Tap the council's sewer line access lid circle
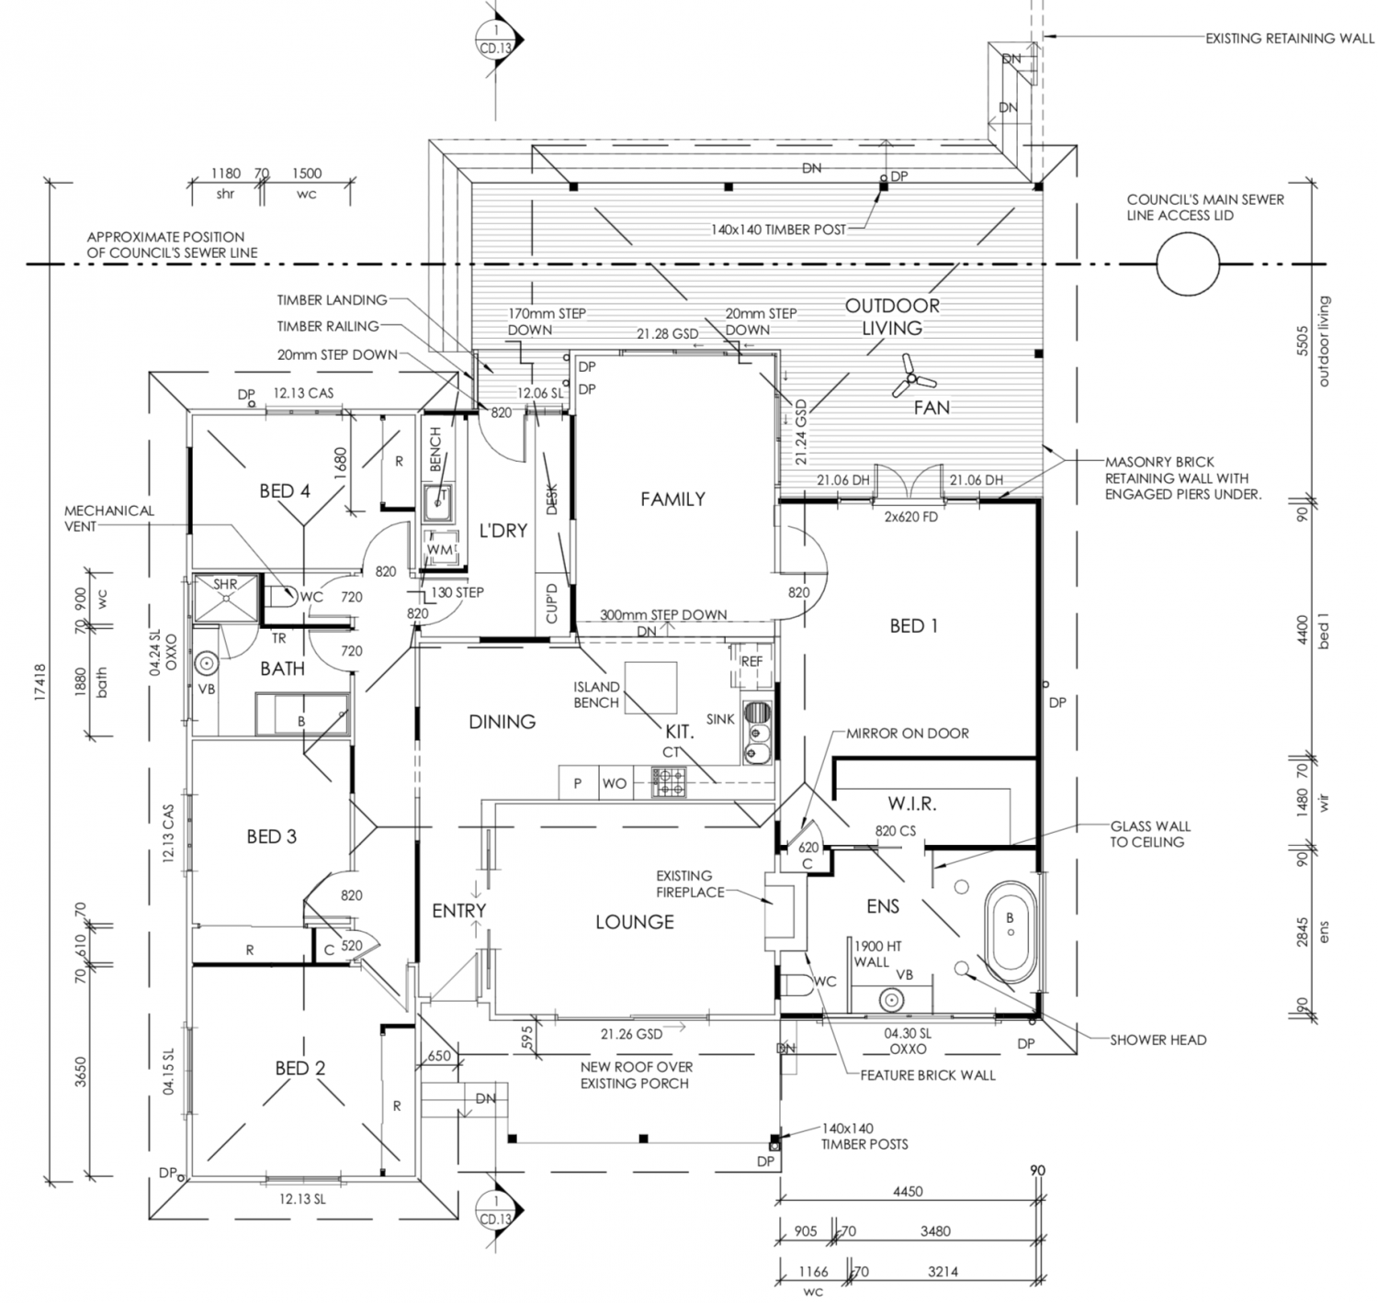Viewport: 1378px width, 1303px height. pos(1187,264)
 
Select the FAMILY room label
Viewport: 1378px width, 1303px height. pos(672,499)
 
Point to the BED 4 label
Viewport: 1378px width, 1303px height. pos(285,490)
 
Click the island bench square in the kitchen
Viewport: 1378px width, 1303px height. pos(650,687)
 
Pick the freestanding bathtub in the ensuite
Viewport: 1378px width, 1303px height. pos(1010,932)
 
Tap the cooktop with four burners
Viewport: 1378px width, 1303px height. pos(669,782)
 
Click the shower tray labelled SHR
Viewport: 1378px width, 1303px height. pos(226,598)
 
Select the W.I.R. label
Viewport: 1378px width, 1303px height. pos(912,803)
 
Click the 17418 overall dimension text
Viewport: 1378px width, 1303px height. pos(40,681)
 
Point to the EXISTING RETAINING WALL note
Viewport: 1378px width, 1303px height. pos(1290,39)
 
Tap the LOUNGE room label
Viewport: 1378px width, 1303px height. pos(635,922)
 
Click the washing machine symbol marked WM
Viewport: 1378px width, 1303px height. pos(440,549)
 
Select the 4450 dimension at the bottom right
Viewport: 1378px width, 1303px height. pos(908,1191)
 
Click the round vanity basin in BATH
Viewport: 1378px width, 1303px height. pos(206,662)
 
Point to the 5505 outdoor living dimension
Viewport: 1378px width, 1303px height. pos(1303,341)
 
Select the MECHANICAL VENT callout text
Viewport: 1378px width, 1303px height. pos(108,518)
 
